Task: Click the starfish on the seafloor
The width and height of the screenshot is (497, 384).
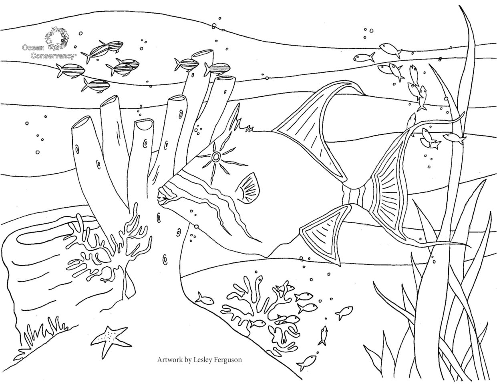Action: click(x=110, y=341)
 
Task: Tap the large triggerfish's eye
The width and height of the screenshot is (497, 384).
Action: click(x=215, y=157)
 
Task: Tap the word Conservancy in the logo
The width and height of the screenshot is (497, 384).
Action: click(x=53, y=56)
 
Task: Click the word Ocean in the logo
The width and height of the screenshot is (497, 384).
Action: click(x=33, y=48)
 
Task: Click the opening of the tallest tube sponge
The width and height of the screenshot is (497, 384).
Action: click(x=202, y=54)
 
